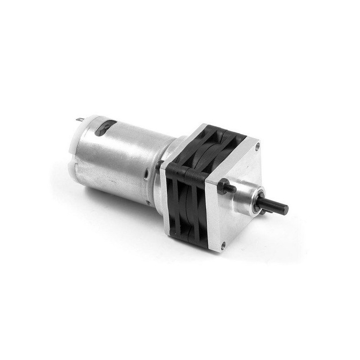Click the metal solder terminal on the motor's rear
80,120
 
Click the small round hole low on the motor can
148,202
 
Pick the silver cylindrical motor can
121,157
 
